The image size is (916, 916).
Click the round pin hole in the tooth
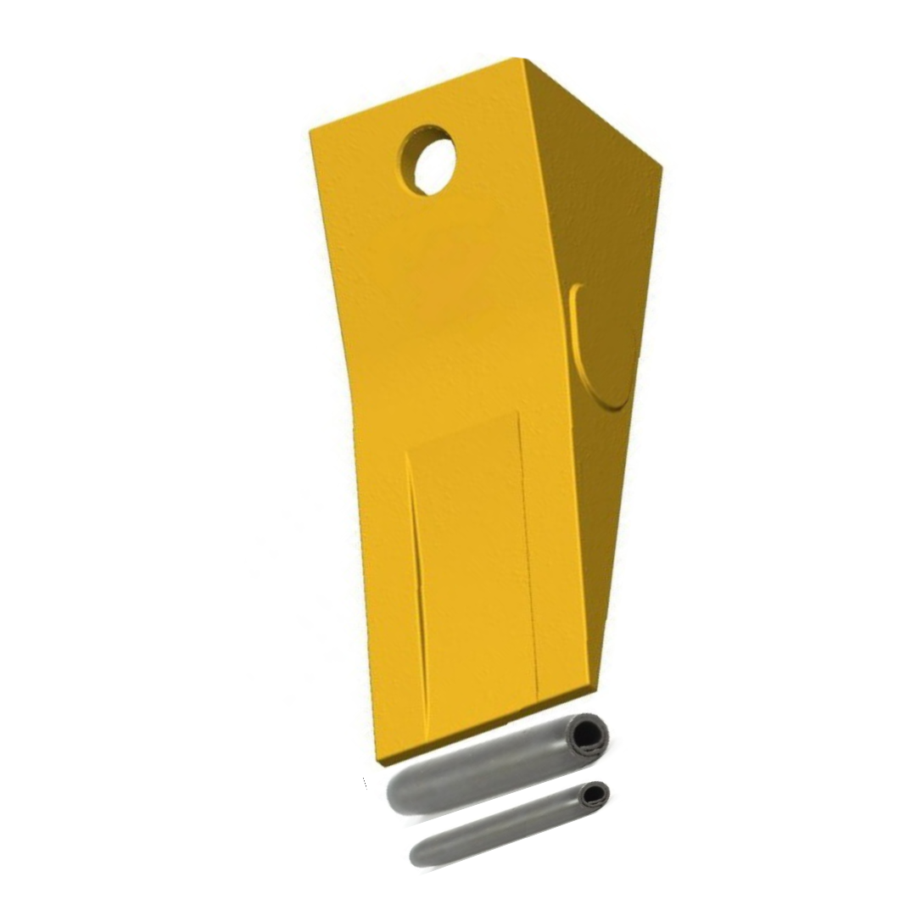point(428,160)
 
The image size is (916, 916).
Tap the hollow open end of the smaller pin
point(595,795)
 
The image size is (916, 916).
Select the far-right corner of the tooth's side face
point(661,165)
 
